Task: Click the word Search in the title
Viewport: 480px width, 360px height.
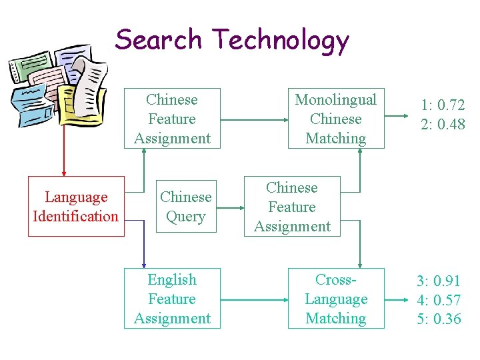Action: pyautogui.click(x=158, y=39)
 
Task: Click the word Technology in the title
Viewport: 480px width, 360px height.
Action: pyautogui.click(x=281, y=41)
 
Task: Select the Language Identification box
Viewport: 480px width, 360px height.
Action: pyautogui.click(x=76, y=207)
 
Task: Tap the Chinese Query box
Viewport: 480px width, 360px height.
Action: pyautogui.click(x=186, y=207)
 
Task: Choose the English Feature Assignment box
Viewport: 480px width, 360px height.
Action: pyautogui.click(x=172, y=299)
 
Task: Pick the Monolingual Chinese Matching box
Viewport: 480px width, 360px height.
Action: pyautogui.click(x=335, y=119)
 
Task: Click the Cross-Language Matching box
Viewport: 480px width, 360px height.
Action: pyautogui.click(x=335, y=299)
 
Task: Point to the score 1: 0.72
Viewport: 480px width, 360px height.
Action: pyautogui.click(x=443, y=105)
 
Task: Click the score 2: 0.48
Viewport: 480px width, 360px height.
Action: pyautogui.click(x=443, y=125)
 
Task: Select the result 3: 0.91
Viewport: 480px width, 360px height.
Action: pyautogui.click(x=439, y=281)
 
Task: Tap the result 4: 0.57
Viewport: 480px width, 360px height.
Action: pyautogui.click(x=439, y=300)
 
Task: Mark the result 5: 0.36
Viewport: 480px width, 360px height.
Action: pyautogui.click(x=439, y=319)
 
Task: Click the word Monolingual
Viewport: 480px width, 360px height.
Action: pyautogui.click(x=335, y=100)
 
